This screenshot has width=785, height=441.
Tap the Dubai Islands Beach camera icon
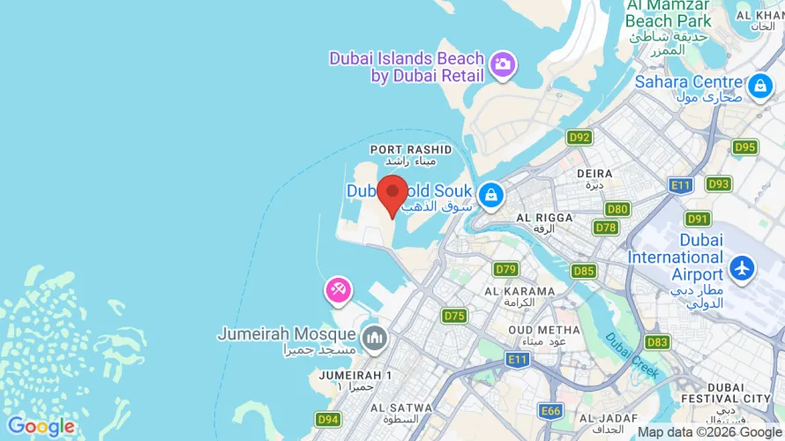coord(504,64)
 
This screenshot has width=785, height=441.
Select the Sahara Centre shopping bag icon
coord(759,86)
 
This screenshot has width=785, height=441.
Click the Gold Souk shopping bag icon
coord(490,193)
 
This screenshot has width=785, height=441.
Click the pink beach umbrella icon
coord(338,289)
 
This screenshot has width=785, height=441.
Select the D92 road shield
coord(579,137)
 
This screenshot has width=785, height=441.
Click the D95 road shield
coord(744,147)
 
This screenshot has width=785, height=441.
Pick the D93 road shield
coord(718,184)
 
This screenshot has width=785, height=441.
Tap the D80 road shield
coord(617,209)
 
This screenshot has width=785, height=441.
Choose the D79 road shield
coord(506,269)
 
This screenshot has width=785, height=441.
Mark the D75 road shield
coord(454,316)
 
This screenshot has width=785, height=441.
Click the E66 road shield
coord(551,410)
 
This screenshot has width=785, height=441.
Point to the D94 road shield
coord(328,419)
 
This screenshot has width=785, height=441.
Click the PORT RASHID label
coord(411,150)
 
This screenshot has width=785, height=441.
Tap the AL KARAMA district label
coord(520,291)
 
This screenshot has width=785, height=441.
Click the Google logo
coord(41,427)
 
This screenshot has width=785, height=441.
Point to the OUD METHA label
coord(545,330)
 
